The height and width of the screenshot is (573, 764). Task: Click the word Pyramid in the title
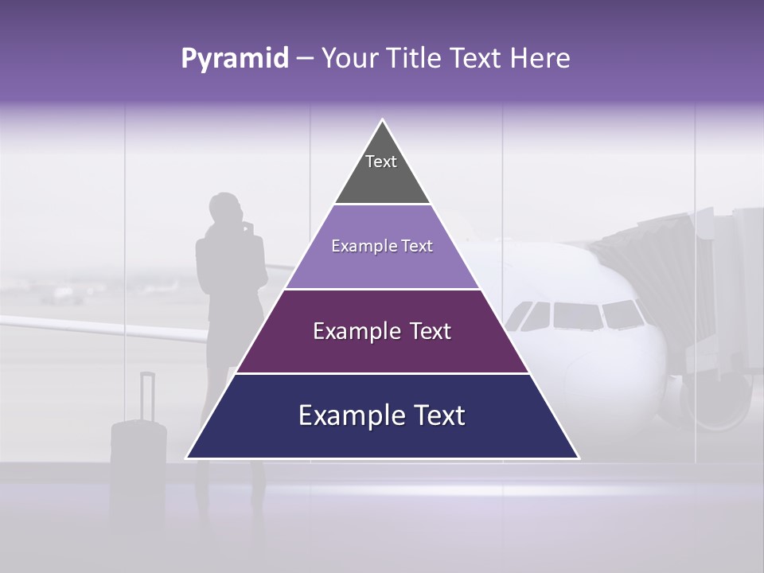click(234, 59)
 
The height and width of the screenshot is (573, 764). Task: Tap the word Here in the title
click(540, 58)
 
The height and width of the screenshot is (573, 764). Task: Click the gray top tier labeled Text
click(382, 171)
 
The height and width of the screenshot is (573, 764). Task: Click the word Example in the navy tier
click(349, 415)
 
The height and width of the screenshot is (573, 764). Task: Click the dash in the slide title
click(305, 59)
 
